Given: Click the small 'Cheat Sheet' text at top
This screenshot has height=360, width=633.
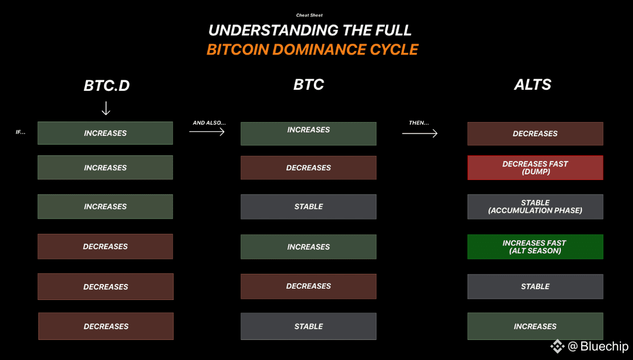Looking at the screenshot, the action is point(309,15).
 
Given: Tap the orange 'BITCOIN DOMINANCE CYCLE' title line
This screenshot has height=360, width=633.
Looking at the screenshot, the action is point(312,50).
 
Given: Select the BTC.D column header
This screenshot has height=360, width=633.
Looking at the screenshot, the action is point(107,86).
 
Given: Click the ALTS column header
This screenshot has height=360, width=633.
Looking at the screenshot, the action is point(532,84).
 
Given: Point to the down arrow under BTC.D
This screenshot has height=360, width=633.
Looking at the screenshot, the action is point(106,108).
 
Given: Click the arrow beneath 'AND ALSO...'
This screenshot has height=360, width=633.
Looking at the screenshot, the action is point(207,131).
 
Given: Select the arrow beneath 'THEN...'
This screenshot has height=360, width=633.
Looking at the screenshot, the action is point(420,133).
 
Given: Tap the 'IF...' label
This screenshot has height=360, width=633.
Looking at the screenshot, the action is point(21,132).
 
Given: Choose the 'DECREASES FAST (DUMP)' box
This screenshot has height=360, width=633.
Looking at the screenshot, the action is point(535,168).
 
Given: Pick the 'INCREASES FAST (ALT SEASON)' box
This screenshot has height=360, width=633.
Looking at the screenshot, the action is point(535,247).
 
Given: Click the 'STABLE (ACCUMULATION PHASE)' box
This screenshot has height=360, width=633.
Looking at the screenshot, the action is point(535,207).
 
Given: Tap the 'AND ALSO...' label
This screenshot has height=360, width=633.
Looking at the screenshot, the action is point(209,123).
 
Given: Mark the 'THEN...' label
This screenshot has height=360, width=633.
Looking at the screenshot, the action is point(419,123).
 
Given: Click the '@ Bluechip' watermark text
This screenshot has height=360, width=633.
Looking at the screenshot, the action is point(598,346).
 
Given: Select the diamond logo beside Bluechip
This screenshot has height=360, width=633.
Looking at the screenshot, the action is point(557,346).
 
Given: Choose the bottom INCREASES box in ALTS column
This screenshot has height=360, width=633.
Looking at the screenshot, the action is point(535,326).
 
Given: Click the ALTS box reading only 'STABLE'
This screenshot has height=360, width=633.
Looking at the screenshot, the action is point(535,287).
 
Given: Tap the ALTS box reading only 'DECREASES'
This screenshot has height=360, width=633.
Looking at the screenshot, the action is point(535,134).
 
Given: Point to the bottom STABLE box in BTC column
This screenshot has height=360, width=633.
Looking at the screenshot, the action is point(309,326).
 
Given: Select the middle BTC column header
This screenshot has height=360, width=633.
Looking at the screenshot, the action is point(309,84).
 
